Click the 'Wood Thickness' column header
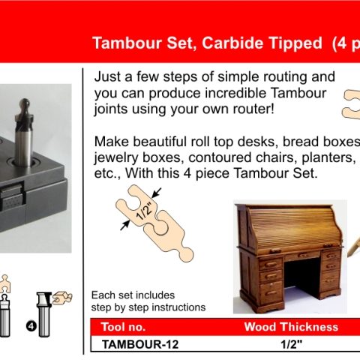pyautogui.click(x=291, y=326)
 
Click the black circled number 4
pyautogui.click(x=31, y=326)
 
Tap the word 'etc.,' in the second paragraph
pyautogui.click(x=109, y=174)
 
